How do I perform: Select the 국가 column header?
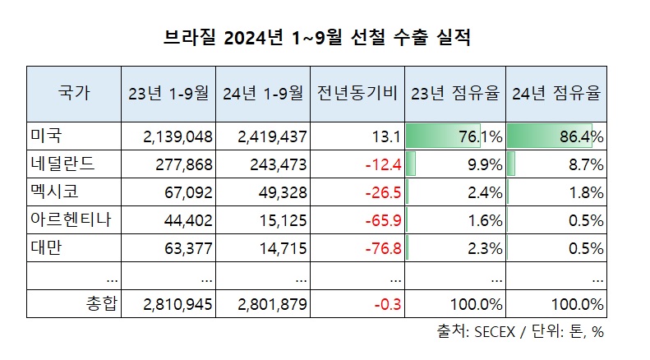coord(75,93)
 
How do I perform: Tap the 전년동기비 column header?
coord(358,93)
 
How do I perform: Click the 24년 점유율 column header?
coord(555,93)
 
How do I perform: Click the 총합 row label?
coord(103,305)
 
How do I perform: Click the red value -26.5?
coord(385,193)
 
